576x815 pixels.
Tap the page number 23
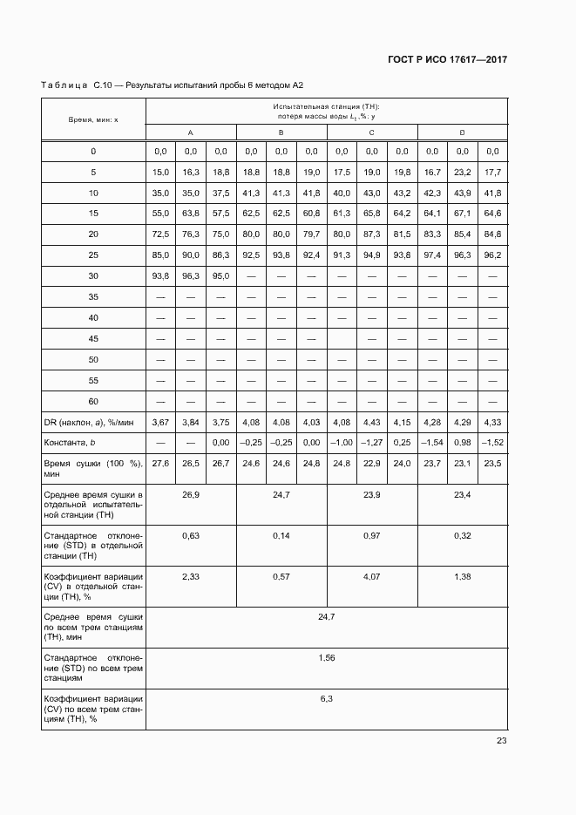click(501, 741)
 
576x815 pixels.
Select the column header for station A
click(191, 132)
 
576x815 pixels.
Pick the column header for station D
click(462, 132)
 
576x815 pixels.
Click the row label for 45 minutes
click(93, 338)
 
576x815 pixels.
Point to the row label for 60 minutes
click(93, 401)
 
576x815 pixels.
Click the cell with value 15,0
click(160, 173)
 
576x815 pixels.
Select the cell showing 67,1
click(463, 214)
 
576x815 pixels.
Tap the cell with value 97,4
click(432, 255)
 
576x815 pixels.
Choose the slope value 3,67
click(160, 422)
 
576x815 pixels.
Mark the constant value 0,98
click(463, 443)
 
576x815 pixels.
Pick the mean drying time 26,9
click(191, 494)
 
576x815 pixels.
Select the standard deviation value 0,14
click(281, 534)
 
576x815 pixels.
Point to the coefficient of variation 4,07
click(372, 576)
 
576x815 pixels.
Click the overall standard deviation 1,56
click(327, 657)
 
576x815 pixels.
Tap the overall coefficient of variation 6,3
click(327, 698)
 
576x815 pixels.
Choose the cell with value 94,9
click(372, 255)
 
